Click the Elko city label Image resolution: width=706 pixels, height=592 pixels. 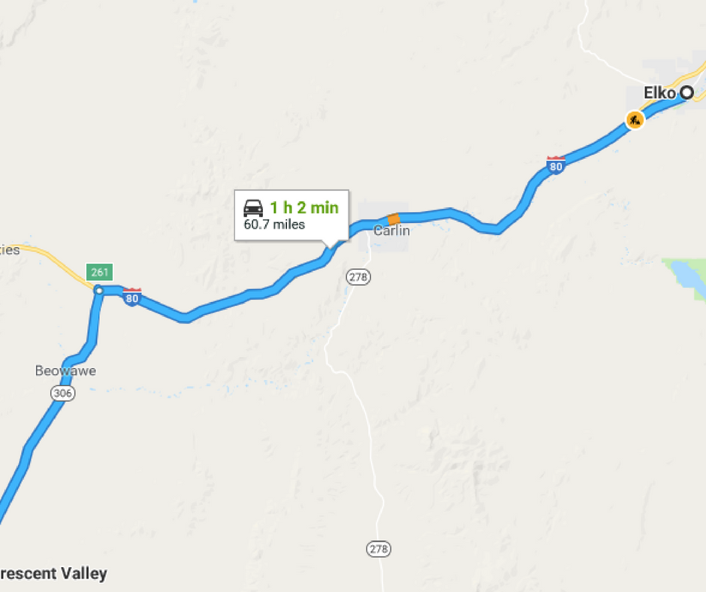click(659, 93)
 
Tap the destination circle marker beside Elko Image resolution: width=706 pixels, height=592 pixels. click(686, 93)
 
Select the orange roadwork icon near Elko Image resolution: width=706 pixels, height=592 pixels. click(635, 119)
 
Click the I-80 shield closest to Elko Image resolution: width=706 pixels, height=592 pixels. click(556, 165)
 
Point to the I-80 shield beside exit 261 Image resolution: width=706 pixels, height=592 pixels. click(132, 296)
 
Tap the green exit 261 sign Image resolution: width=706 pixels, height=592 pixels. click(99, 271)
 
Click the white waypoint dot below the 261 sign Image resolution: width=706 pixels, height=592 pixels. click(98, 290)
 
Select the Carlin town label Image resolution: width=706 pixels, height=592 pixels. click(391, 231)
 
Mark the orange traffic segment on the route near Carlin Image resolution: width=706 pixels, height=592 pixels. click(393, 219)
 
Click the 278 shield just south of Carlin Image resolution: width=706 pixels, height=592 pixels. click(358, 277)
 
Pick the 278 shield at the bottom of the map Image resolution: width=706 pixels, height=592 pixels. click(379, 549)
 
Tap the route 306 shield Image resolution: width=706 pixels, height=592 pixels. click(63, 393)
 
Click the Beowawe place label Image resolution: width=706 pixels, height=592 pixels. click(65, 371)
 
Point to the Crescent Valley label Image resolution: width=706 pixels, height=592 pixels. click(53, 574)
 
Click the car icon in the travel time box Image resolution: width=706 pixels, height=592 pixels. click(254, 208)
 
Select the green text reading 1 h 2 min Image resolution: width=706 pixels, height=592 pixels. click(304, 208)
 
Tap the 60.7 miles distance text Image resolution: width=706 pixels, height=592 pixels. click(274, 225)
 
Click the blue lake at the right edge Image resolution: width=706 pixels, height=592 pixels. click(687, 274)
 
